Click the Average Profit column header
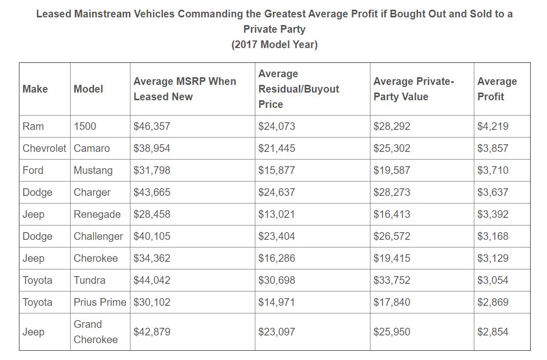(497, 89)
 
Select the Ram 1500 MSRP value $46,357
(151, 126)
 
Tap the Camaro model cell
(92, 148)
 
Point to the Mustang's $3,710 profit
(493, 170)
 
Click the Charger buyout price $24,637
(276, 192)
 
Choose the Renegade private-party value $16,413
(391, 214)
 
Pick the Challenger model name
(98, 236)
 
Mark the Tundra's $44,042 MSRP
(151, 280)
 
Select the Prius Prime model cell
(100, 302)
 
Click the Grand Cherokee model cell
(96, 332)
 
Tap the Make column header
(35, 89)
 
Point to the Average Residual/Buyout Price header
(298, 89)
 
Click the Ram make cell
(33, 126)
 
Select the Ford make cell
(33, 170)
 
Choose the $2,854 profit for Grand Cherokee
(493, 332)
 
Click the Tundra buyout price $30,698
(276, 280)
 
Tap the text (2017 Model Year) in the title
(274, 44)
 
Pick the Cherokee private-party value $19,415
(391, 258)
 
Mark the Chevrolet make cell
(45, 148)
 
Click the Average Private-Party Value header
(414, 89)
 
